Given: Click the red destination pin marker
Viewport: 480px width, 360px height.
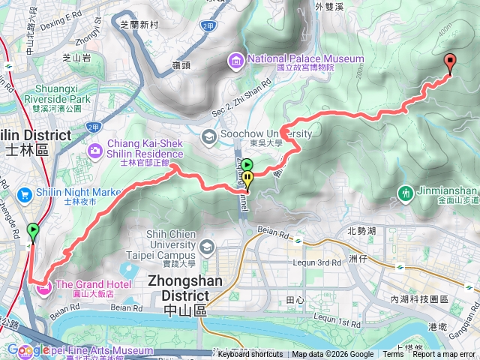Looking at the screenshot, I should [x=450, y=64].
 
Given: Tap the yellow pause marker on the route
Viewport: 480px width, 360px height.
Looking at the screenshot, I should [x=247, y=178].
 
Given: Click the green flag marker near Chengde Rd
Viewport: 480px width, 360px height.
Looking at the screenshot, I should [x=32, y=230].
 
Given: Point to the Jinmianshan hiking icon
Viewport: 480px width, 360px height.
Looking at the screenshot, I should [x=406, y=193].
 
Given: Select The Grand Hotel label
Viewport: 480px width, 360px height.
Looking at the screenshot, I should [x=93, y=284].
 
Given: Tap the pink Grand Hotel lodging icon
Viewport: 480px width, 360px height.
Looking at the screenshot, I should [x=44, y=286].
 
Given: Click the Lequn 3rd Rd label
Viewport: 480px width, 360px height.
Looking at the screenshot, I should [x=310, y=263].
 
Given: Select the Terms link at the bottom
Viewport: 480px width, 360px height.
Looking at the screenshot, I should [x=393, y=355].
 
